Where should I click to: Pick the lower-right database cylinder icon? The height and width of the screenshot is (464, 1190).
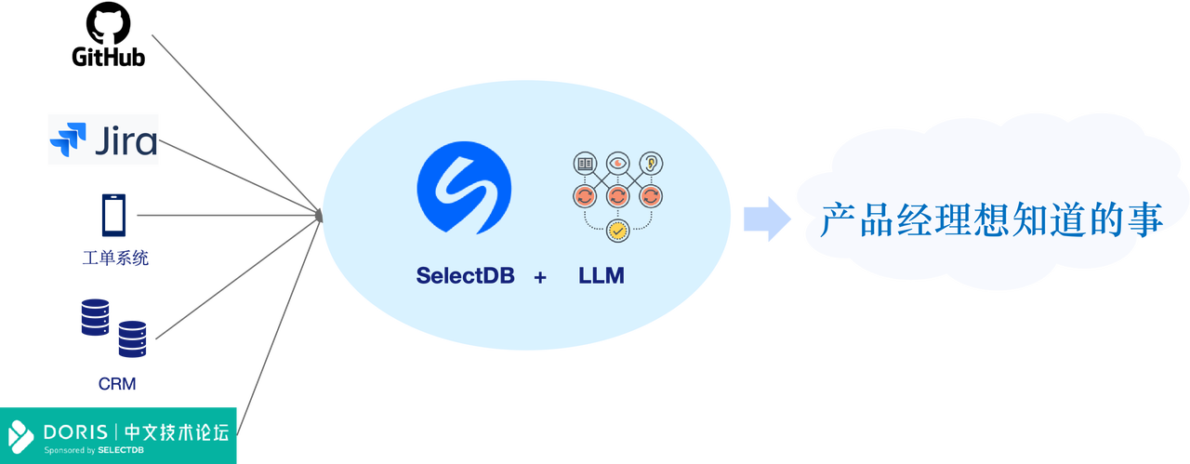(x=132, y=338)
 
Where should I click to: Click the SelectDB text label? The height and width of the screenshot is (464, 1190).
(x=465, y=276)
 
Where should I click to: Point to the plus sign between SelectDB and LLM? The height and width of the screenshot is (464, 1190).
(x=540, y=277)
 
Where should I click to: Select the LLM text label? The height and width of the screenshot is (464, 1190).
(x=602, y=276)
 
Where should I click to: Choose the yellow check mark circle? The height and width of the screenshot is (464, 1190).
(x=616, y=230)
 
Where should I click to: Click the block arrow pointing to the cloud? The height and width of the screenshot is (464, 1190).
(x=766, y=219)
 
